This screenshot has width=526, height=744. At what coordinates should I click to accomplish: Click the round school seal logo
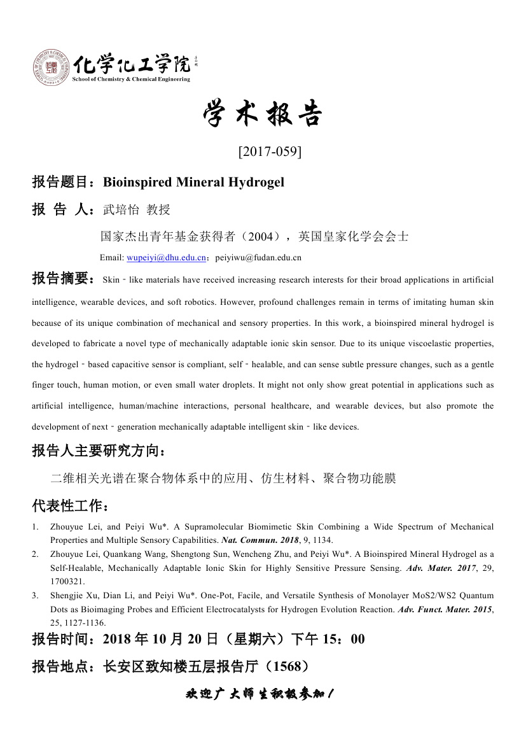pyautogui.click(x=51, y=68)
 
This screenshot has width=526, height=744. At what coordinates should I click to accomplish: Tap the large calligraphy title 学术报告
pyautogui.click(x=263, y=115)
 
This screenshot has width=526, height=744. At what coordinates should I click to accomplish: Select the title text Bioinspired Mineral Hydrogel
pyautogui.click(x=193, y=182)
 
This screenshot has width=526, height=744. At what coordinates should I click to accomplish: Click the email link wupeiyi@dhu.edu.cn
pyautogui.click(x=166, y=258)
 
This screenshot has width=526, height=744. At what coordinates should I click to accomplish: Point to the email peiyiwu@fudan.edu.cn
pyautogui.click(x=258, y=258)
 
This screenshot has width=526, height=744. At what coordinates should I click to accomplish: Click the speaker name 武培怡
pyautogui.click(x=120, y=209)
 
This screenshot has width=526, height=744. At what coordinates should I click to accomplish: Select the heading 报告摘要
pyautogui.click(x=63, y=279)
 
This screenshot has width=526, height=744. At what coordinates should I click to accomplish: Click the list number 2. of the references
pyautogui.click(x=36, y=554)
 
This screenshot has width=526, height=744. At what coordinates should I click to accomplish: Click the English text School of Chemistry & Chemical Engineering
pyautogui.click(x=131, y=79)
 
